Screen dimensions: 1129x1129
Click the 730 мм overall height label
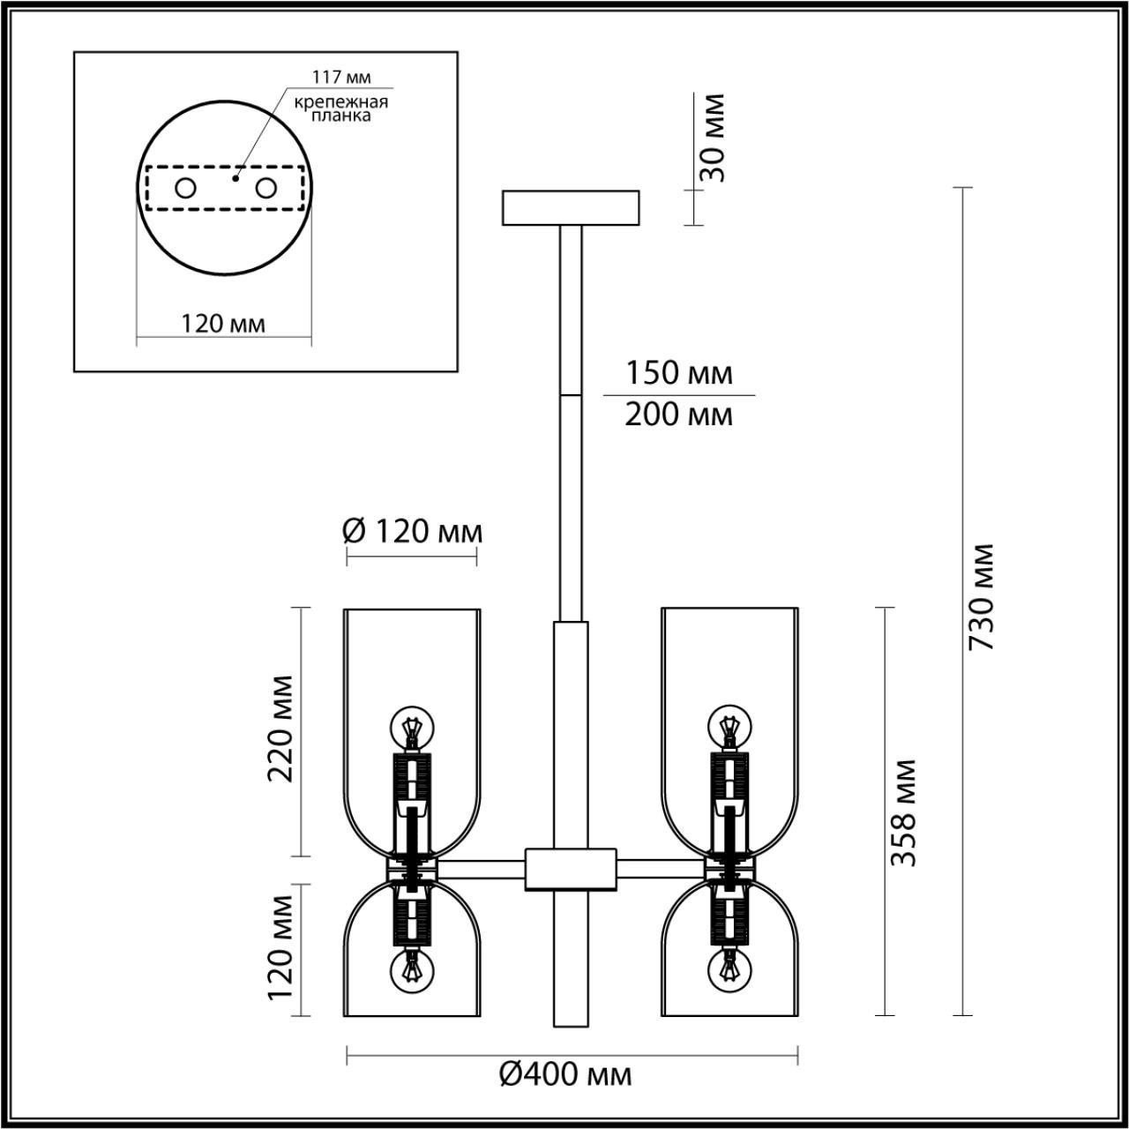pyautogui.click(x=982, y=596)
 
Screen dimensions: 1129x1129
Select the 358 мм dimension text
pyautogui.click(x=903, y=811)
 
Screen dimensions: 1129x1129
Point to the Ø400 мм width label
pyautogui.click(x=565, y=1074)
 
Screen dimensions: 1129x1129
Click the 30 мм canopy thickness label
pyautogui.click(x=710, y=138)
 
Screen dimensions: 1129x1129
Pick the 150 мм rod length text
pyautogui.click(x=678, y=373)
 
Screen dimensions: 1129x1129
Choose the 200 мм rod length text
pyautogui.click(x=678, y=414)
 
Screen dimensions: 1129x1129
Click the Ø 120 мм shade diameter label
pyautogui.click(x=412, y=531)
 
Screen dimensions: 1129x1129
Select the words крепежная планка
pyautogui.click(x=342, y=108)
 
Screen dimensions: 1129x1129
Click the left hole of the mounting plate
pyautogui.click(x=186, y=188)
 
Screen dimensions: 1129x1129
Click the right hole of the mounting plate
pyautogui.click(x=265, y=188)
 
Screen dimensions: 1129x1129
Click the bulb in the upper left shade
pyautogui.click(x=412, y=727)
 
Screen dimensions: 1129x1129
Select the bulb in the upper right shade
pyautogui.click(x=729, y=727)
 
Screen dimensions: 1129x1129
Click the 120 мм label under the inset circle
pyautogui.click(x=223, y=324)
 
